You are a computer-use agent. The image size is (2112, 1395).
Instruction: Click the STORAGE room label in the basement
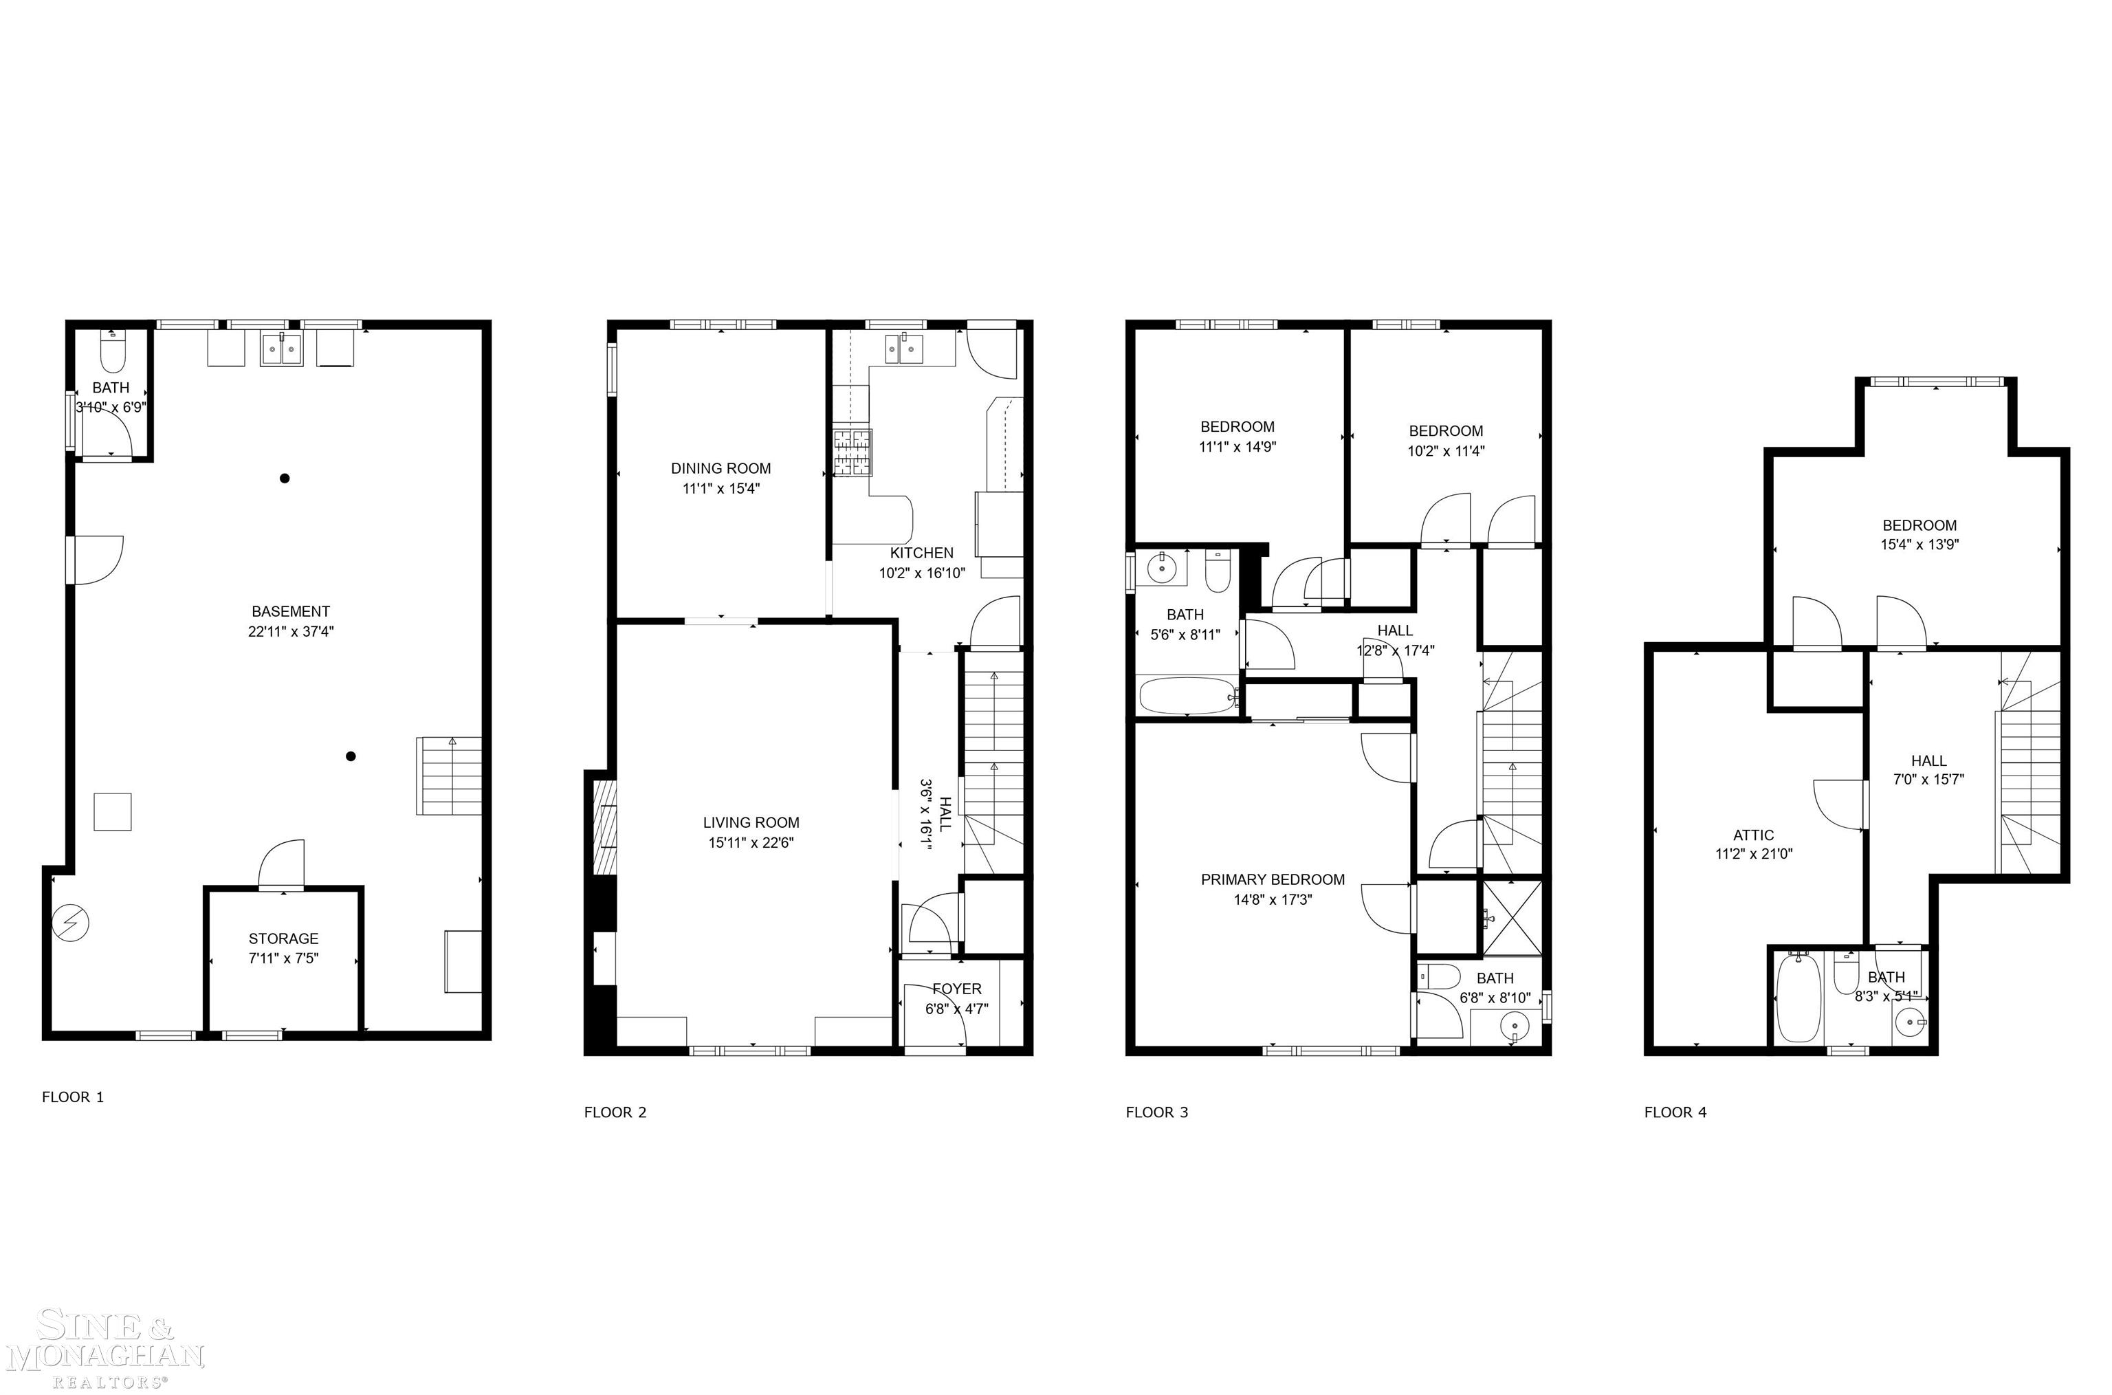click(x=283, y=938)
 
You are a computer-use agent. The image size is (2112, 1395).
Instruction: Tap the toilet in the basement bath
click(x=112, y=354)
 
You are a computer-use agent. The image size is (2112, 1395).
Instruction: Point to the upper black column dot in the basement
click(x=285, y=479)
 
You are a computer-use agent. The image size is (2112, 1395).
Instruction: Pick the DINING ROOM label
click(x=720, y=469)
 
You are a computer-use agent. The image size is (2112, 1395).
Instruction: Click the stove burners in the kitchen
click(x=852, y=453)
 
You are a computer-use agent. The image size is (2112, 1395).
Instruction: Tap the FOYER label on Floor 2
click(x=956, y=989)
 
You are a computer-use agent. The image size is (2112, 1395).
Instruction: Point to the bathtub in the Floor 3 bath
click(x=1188, y=696)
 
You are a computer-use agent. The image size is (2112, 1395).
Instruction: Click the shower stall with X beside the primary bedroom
click(x=1510, y=916)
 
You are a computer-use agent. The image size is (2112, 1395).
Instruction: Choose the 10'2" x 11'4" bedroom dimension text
click(x=1446, y=451)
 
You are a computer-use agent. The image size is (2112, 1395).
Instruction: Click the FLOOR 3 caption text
click(x=1156, y=1112)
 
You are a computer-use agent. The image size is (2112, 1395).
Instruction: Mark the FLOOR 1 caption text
click(x=73, y=1097)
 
